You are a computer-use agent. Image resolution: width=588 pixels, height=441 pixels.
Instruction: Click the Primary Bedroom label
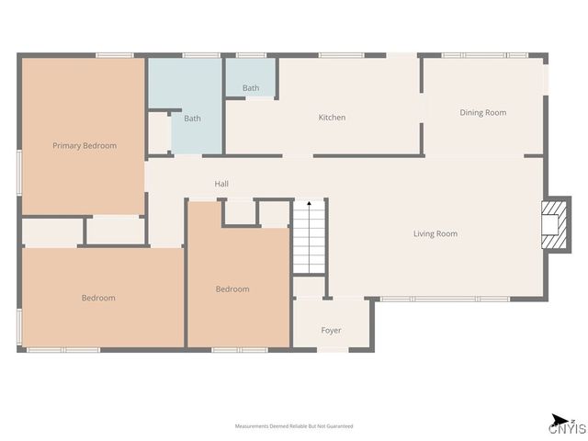(x=85, y=145)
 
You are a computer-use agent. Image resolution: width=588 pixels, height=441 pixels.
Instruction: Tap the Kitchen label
(x=332, y=118)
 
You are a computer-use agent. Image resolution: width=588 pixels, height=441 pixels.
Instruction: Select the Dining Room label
(x=482, y=113)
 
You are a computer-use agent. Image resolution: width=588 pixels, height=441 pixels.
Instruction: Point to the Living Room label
(x=435, y=234)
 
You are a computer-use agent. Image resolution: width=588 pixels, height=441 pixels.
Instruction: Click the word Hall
(x=221, y=184)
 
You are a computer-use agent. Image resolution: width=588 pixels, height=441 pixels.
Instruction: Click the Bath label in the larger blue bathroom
(x=192, y=119)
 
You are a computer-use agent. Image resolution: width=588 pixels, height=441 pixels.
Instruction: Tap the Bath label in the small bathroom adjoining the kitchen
(x=251, y=88)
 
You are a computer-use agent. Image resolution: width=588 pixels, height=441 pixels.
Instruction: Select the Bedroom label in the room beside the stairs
(x=232, y=289)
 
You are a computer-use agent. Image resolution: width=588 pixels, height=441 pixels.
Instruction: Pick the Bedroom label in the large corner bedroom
(x=98, y=298)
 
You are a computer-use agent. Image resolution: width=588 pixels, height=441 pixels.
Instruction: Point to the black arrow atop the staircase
(x=310, y=203)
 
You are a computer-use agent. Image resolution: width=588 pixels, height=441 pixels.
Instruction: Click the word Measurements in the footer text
(x=252, y=426)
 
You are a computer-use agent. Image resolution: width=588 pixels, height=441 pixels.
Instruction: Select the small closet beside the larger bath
(x=159, y=134)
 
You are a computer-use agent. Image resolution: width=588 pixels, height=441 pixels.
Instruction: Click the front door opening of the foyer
(x=333, y=349)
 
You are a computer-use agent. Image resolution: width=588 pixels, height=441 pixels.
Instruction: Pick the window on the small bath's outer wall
(x=251, y=56)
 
